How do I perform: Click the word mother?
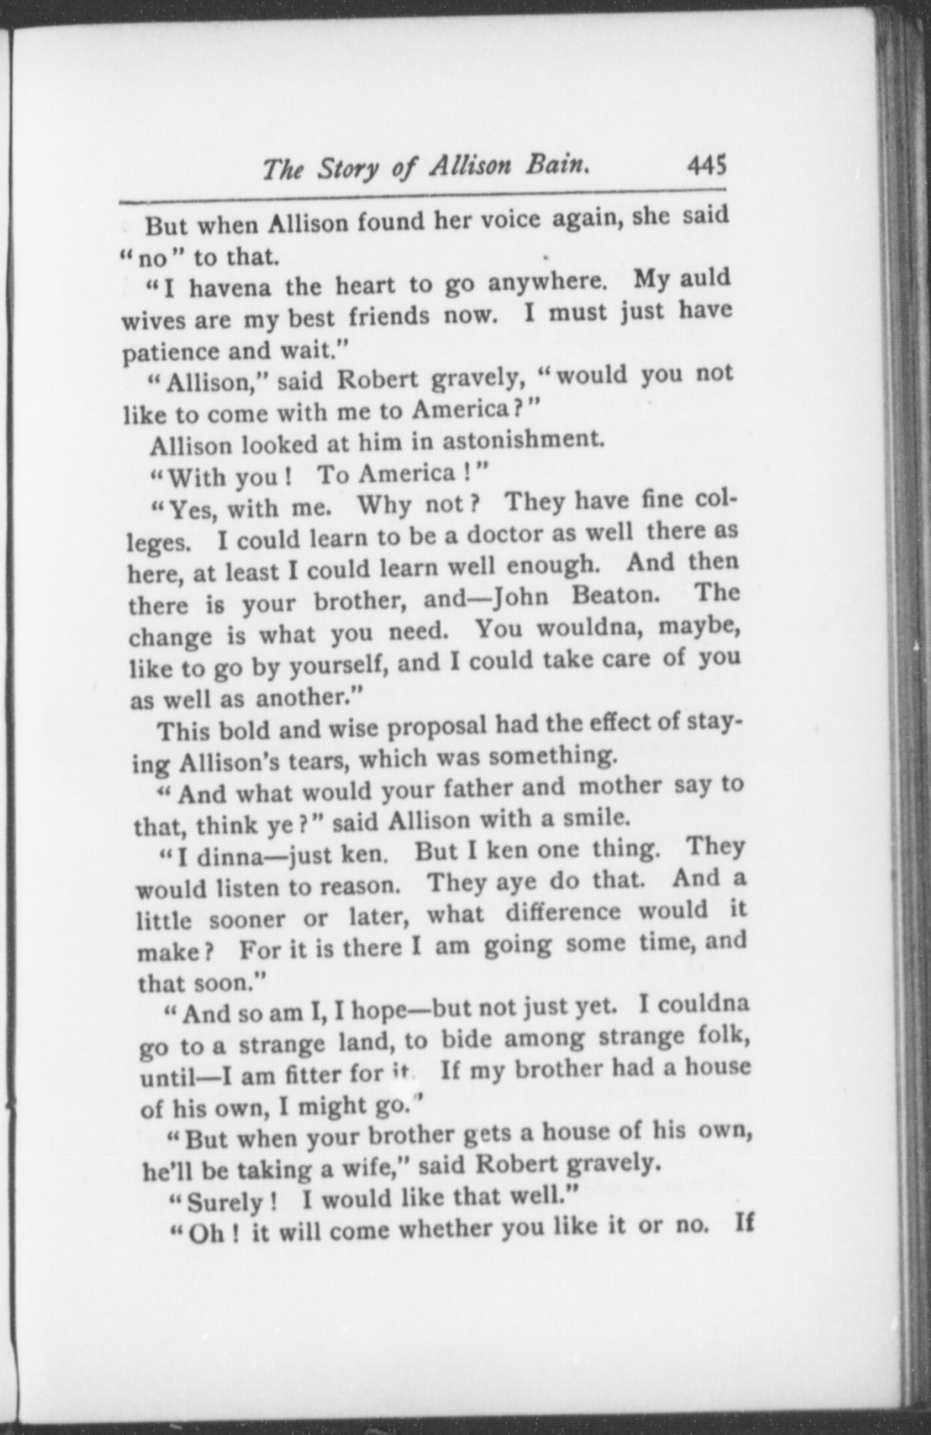pyautogui.click(x=619, y=786)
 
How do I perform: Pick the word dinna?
pyautogui.click(x=220, y=858)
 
